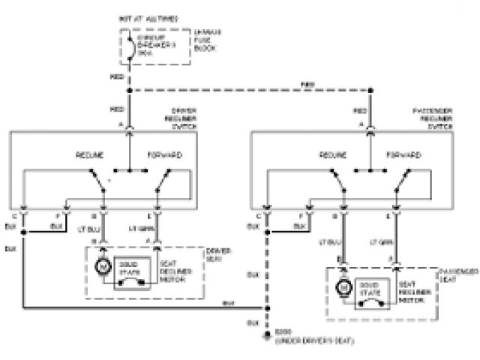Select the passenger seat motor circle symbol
(343, 286)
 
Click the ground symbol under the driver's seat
(265, 337)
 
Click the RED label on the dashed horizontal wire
(308, 82)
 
